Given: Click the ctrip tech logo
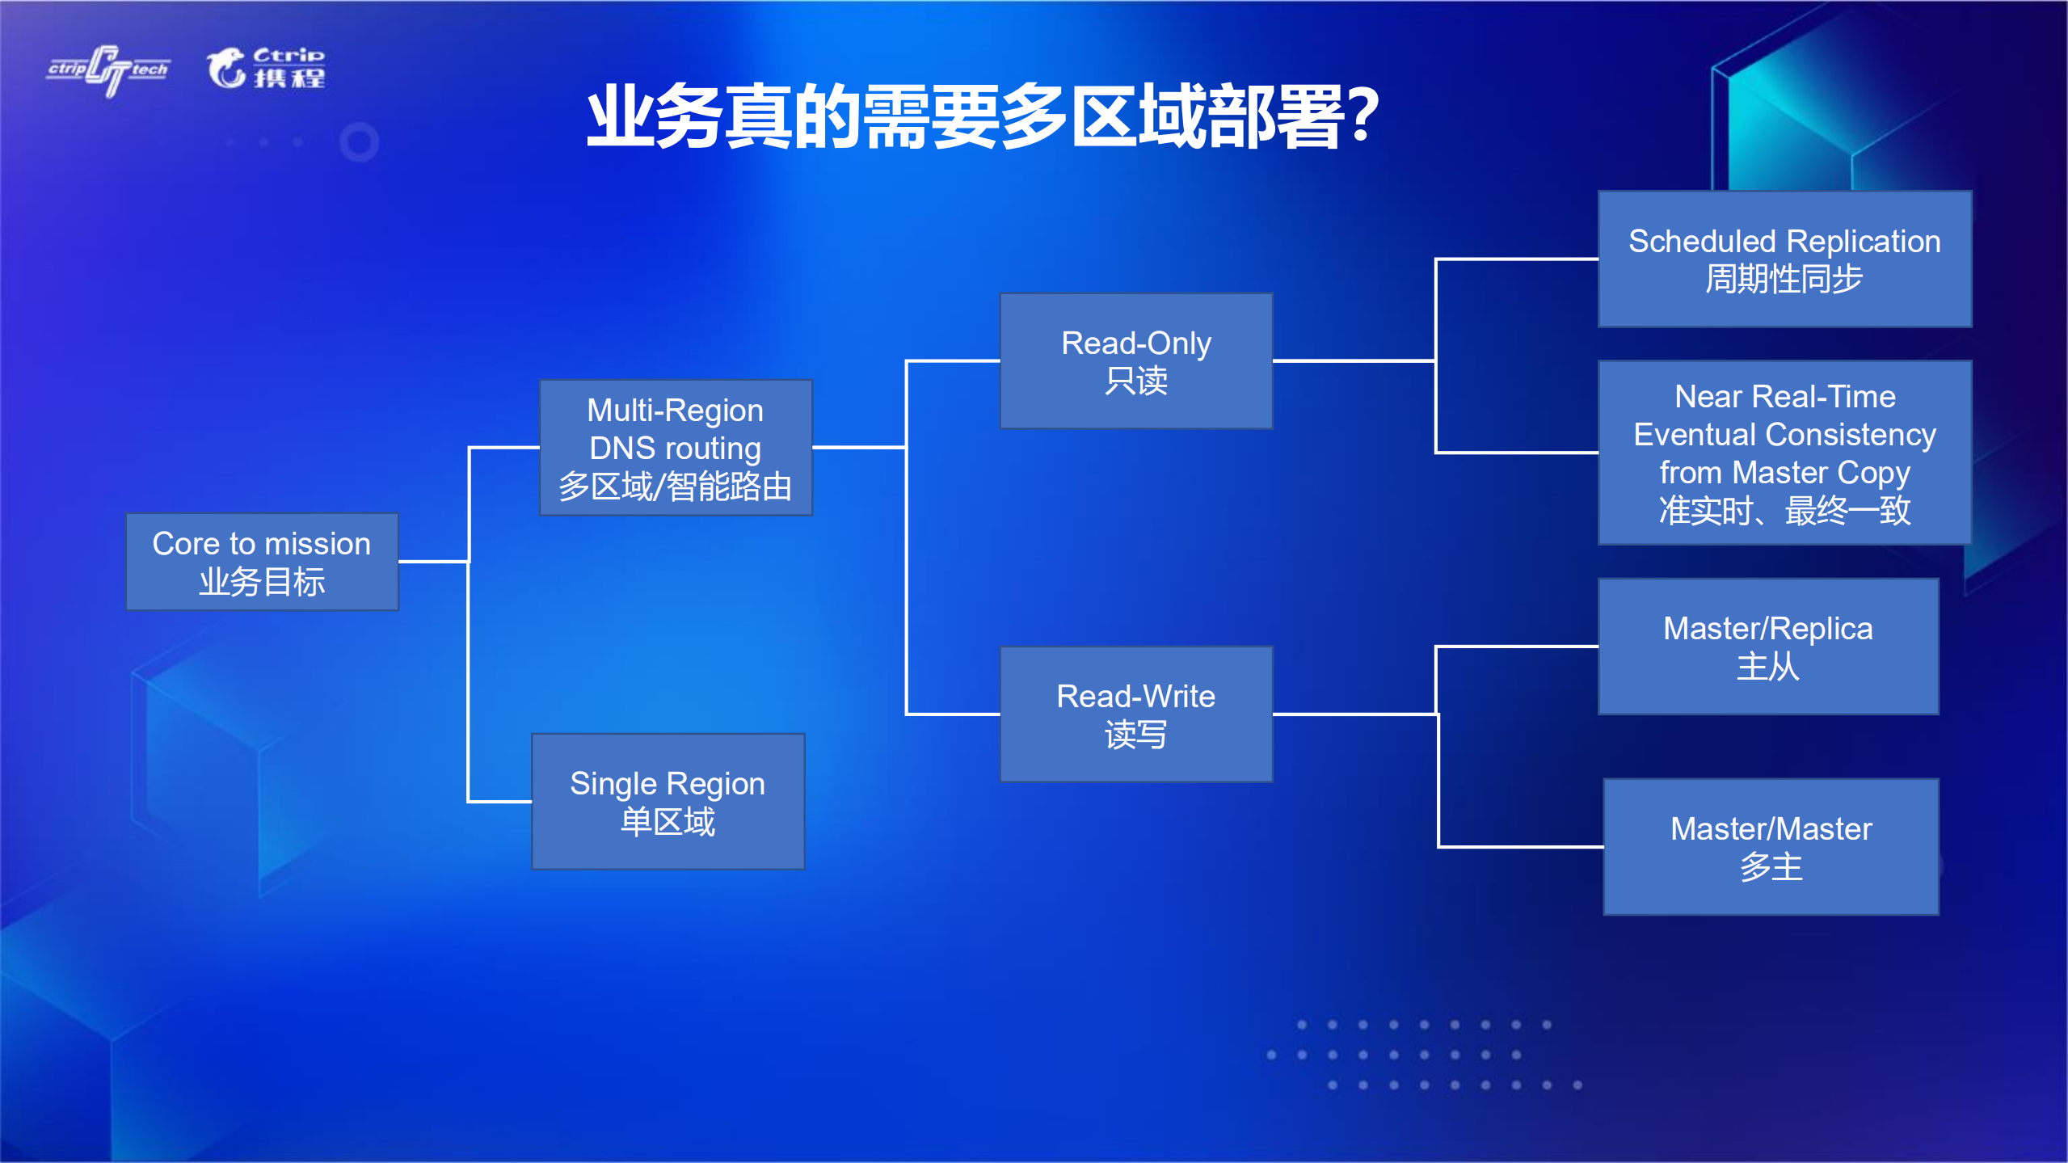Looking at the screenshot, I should (108, 70).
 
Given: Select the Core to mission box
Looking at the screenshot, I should (262, 562).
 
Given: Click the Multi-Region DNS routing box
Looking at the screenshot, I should (676, 447).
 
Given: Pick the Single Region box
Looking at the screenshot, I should (668, 801).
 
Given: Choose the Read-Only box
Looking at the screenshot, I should (1135, 360).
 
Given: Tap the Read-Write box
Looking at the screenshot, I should (1135, 714).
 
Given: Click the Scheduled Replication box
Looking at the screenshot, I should (1784, 259).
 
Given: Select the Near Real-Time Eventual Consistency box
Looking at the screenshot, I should (1784, 453).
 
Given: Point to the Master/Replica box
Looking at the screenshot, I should (1767, 647).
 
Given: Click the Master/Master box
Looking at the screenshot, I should (1771, 846).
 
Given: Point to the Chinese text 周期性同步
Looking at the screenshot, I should (1784, 280).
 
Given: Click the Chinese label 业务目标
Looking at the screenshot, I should (262, 582).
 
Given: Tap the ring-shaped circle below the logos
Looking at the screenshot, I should (359, 142).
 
